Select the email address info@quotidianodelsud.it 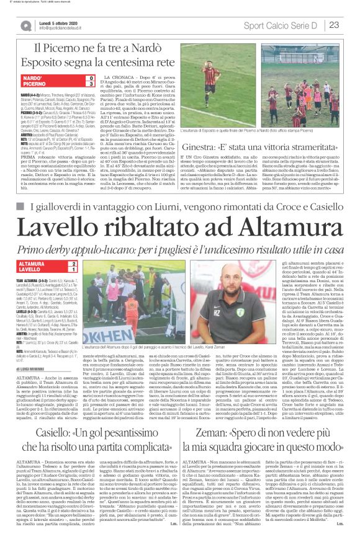65,28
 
